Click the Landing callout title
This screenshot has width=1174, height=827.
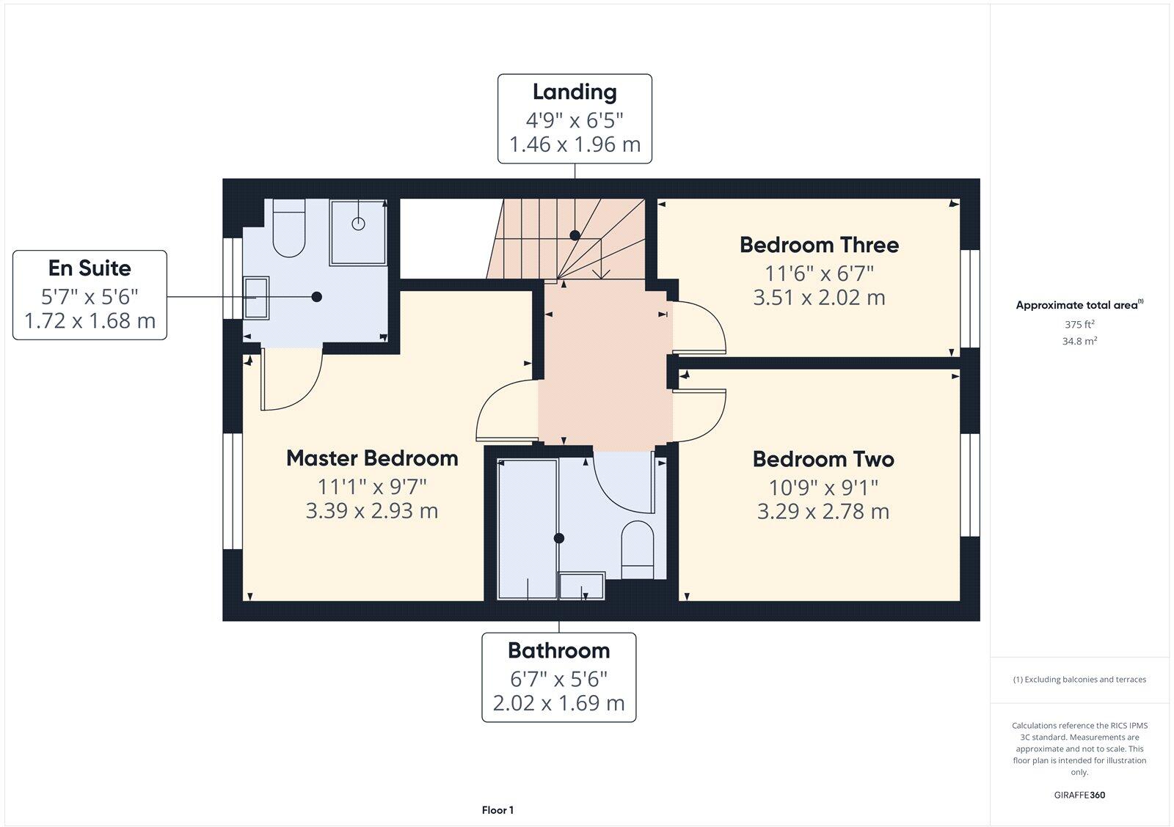[x=574, y=92]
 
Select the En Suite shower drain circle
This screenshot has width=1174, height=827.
[x=358, y=224]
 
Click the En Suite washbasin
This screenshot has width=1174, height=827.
[x=256, y=297]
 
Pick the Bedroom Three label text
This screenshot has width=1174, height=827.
[x=819, y=245]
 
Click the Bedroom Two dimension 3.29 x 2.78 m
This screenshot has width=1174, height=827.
[x=823, y=511]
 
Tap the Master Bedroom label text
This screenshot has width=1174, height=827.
[x=372, y=458]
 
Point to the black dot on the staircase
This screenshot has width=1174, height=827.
[x=575, y=235]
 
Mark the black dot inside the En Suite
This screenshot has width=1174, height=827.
[x=317, y=297]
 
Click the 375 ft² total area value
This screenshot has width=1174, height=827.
[x=1079, y=324]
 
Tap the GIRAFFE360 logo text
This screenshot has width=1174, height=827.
[x=1079, y=795]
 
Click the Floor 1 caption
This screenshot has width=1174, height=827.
[x=497, y=810]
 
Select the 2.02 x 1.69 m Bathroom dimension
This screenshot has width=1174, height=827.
[x=558, y=704]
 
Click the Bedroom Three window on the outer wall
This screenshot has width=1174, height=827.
[x=970, y=298]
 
